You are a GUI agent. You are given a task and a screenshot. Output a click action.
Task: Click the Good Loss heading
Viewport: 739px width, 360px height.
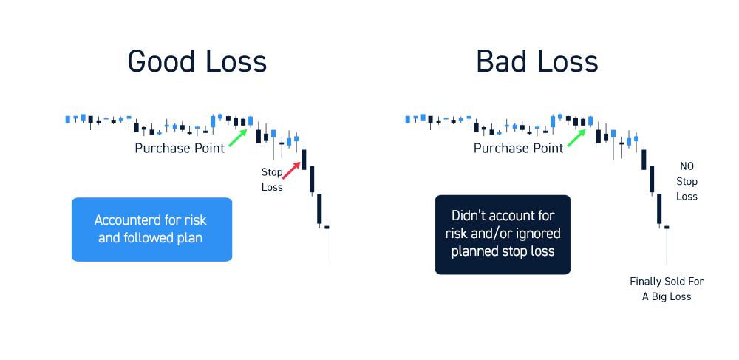pos(197,62)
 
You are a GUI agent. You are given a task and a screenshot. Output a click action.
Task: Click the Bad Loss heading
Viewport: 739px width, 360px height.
pos(537,62)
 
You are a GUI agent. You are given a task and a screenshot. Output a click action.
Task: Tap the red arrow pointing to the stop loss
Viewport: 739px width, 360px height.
pos(291,171)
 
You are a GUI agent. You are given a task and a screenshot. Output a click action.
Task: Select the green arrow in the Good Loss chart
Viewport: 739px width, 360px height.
pos(238,138)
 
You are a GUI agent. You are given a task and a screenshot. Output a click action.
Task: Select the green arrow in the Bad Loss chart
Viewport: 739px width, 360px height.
pos(576,138)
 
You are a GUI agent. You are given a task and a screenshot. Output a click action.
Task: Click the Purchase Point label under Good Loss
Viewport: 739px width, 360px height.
pos(180,148)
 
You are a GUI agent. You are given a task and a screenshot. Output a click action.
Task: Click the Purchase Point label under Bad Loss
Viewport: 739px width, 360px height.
pos(519,148)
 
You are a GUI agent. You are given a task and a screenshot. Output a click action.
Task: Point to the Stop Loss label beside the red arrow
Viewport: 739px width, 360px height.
pos(272,180)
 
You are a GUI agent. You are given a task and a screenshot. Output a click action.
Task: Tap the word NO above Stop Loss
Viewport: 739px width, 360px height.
pos(687,166)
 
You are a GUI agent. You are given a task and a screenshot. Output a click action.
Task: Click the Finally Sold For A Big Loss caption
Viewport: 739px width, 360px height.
pos(667,289)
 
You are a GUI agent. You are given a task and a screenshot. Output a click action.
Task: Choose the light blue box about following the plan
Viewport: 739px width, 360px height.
pos(151,229)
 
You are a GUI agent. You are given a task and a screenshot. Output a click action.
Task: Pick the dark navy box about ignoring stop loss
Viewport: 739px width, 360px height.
pos(503,234)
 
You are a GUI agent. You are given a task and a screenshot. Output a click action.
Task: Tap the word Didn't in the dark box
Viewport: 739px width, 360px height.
pos(468,215)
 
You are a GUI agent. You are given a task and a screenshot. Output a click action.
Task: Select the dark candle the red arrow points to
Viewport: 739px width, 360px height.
pos(304,159)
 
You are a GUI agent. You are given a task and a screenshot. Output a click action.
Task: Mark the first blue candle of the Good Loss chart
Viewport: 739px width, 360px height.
pos(67,119)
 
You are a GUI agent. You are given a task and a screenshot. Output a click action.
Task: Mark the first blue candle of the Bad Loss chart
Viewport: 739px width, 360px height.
pos(408,119)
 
